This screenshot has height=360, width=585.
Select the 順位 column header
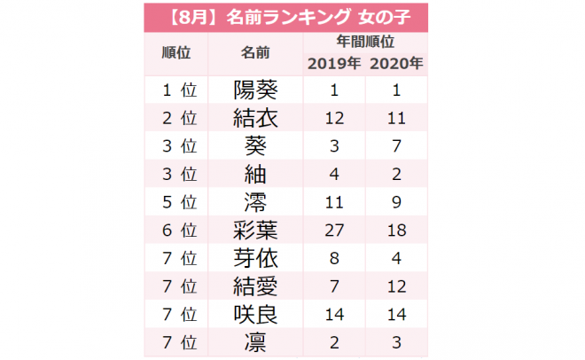point(177,52)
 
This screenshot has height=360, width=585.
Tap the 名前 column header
point(255,52)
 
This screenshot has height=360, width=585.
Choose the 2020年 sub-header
point(395,63)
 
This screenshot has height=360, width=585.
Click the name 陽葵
point(255,90)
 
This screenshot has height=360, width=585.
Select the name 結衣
point(255,118)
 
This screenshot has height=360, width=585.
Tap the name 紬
point(255,174)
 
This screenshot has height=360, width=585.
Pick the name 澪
point(255,202)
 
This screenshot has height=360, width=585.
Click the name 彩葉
point(255,231)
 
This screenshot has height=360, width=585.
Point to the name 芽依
point(255,258)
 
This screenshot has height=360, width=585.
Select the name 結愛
point(255,286)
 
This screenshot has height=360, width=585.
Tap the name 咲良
point(255,314)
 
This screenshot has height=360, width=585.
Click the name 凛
point(255,342)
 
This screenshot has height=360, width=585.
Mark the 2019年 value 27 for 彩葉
point(334,231)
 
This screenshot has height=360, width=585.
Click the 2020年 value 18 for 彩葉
point(395,231)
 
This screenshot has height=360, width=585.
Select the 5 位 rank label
point(177,202)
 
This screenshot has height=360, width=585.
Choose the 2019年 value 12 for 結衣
point(334,118)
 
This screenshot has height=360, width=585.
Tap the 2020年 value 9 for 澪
point(395,202)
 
